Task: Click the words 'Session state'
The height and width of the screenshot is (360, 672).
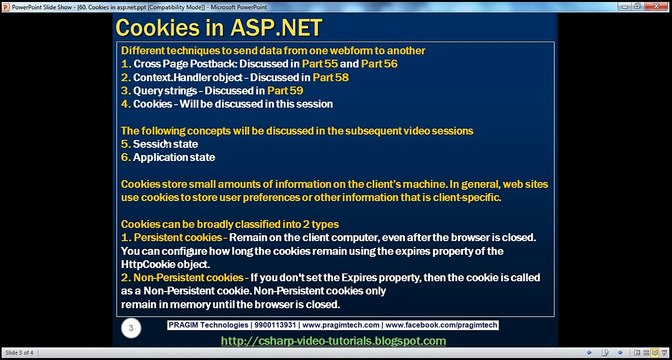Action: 165,144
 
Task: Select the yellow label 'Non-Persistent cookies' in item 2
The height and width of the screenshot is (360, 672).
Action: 188,277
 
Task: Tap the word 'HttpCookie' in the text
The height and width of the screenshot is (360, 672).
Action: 149,263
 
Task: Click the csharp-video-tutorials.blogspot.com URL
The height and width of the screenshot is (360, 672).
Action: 333,341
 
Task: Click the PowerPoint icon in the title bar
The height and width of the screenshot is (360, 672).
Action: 6,6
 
